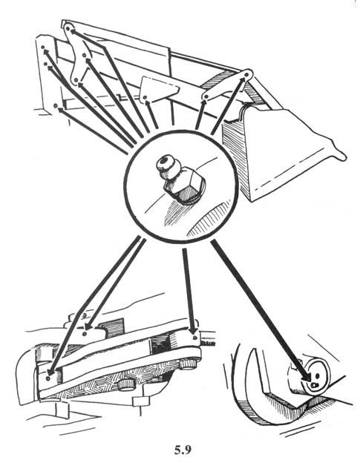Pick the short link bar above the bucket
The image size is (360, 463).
pos(226,85)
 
